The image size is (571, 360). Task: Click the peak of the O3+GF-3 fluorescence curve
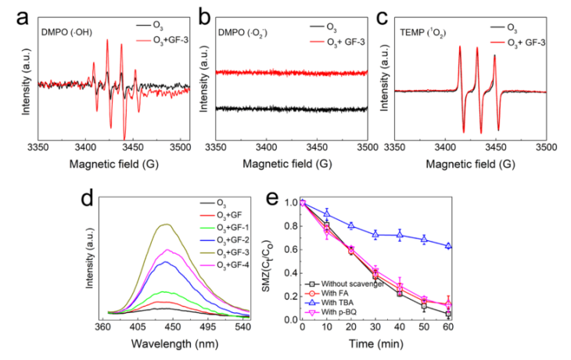click(165, 224)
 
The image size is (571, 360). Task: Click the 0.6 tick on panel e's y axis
click(293, 249)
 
